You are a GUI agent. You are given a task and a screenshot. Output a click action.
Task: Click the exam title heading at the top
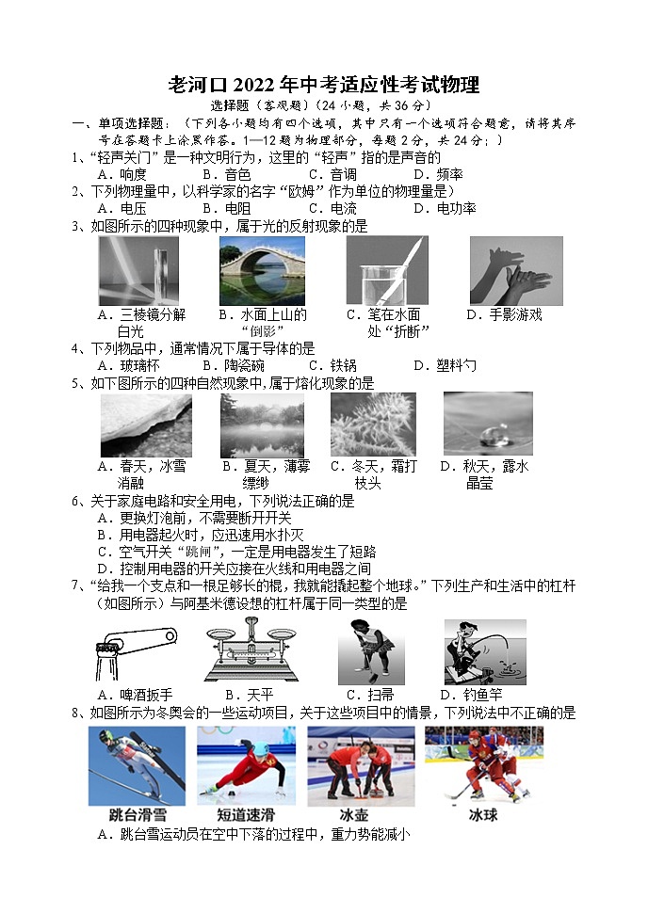point(323,86)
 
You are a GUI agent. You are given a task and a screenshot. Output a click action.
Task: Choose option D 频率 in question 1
point(439,174)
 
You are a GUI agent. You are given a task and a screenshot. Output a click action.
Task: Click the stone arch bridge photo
point(262,270)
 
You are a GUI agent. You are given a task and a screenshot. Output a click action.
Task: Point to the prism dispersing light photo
point(138,270)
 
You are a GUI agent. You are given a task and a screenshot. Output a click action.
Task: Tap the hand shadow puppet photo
point(515,270)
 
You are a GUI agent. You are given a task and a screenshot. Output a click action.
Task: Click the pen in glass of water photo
point(386,270)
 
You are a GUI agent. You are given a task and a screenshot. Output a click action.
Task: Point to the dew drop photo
point(487,424)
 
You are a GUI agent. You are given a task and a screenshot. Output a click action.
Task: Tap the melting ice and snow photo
point(146,425)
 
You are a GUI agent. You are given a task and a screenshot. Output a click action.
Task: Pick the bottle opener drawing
point(131,650)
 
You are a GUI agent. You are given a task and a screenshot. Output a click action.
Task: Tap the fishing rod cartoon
point(484,650)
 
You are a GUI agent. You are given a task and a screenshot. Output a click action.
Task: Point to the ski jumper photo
point(138,763)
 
